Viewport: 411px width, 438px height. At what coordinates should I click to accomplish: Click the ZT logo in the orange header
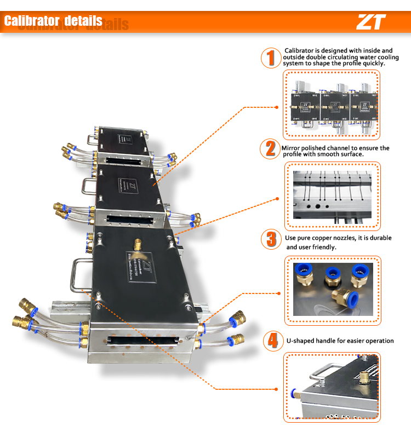371,22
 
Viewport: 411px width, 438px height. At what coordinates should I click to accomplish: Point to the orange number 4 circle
270,341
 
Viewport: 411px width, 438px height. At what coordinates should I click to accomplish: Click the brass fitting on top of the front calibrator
136,244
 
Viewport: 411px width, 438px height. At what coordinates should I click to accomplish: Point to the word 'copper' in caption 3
319,238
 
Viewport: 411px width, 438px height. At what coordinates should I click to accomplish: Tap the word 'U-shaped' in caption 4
300,341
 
